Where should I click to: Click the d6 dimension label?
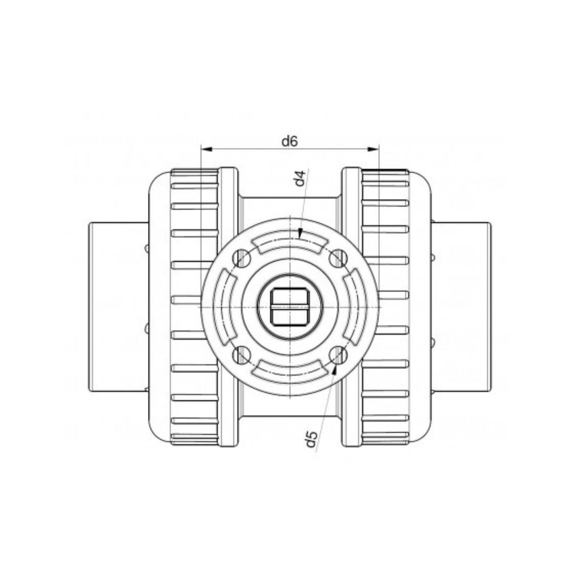[290, 142]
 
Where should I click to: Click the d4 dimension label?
[300, 178]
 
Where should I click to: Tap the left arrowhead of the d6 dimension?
[206, 149]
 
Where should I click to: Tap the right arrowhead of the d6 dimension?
[373, 149]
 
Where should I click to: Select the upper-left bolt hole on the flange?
[241, 258]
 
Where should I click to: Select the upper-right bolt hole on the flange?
[338, 258]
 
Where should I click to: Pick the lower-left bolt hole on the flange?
[241, 355]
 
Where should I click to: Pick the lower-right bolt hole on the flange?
[338, 355]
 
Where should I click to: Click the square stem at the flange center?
[290, 307]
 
